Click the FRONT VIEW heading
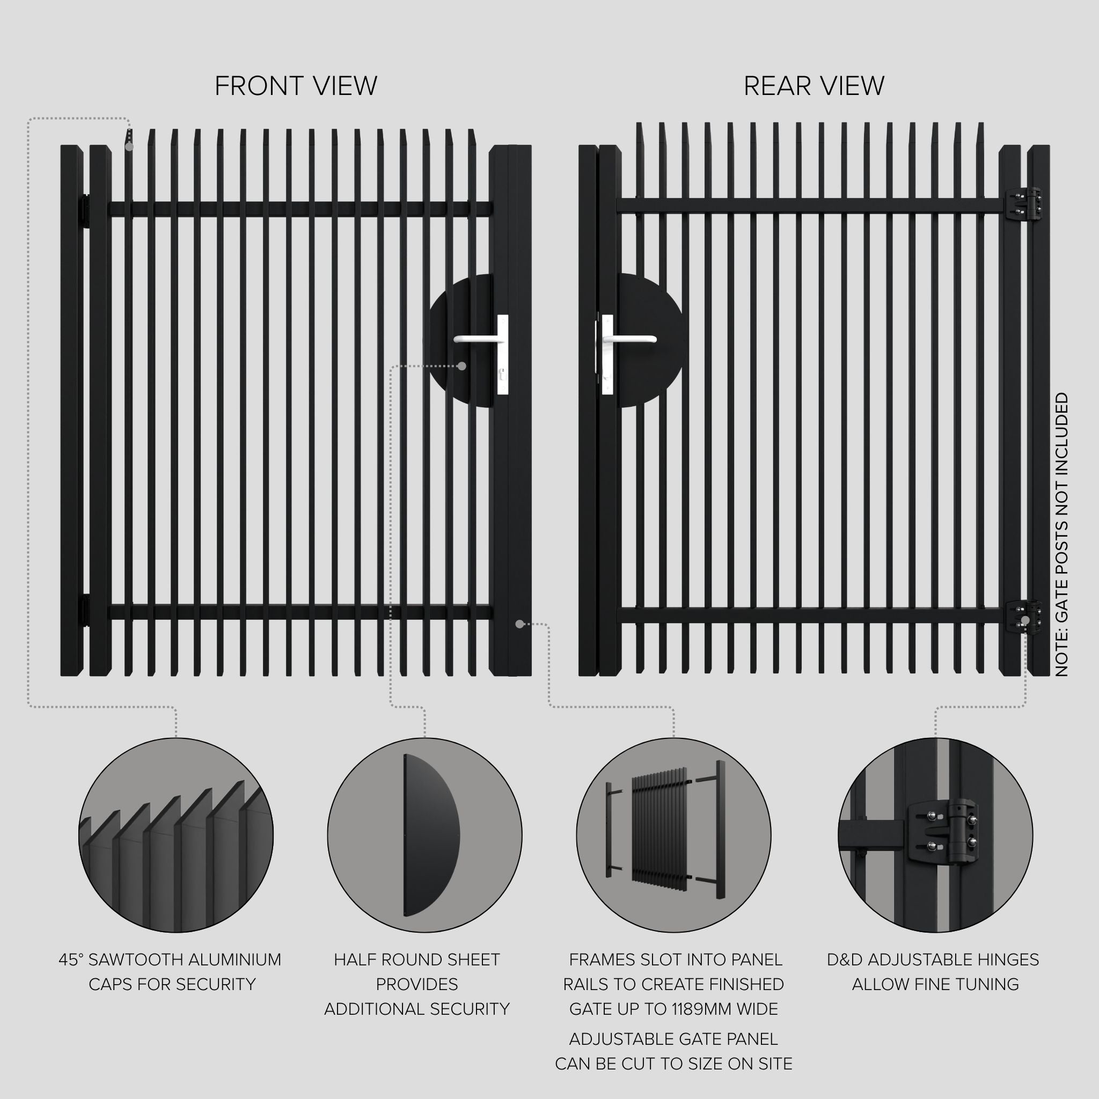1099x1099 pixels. (x=296, y=86)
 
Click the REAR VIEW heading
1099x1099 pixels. (x=814, y=86)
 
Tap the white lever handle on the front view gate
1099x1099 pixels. (x=477, y=340)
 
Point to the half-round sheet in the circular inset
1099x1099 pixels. (x=429, y=834)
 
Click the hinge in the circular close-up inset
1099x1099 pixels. (x=941, y=836)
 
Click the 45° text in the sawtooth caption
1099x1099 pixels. (x=71, y=959)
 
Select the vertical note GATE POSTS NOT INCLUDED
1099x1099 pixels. (x=1062, y=534)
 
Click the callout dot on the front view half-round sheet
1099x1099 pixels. (x=462, y=366)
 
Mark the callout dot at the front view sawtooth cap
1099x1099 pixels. (x=129, y=146)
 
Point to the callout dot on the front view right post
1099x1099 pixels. (x=519, y=624)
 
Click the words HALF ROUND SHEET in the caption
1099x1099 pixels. (x=417, y=959)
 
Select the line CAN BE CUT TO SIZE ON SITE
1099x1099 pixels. (x=673, y=1064)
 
